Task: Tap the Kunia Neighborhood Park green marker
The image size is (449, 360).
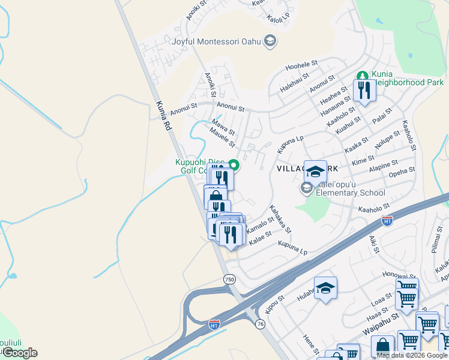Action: [x=362, y=76]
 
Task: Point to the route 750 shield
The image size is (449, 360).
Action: [x=229, y=279]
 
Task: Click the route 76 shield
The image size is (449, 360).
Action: [x=259, y=323]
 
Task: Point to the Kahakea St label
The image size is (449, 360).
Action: [x=280, y=220]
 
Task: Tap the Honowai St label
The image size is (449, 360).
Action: [x=396, y=274]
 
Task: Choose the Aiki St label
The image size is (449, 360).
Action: [x=374, y=243]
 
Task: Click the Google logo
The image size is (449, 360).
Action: [x=19, y=353]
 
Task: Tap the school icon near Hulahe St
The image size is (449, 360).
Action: [x=325, y=289]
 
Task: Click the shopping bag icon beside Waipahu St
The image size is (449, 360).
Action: [x=382, y=347]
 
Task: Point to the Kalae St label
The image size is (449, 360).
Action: [x=261, y=238]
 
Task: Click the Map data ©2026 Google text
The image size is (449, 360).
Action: [x=412, y=355]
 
